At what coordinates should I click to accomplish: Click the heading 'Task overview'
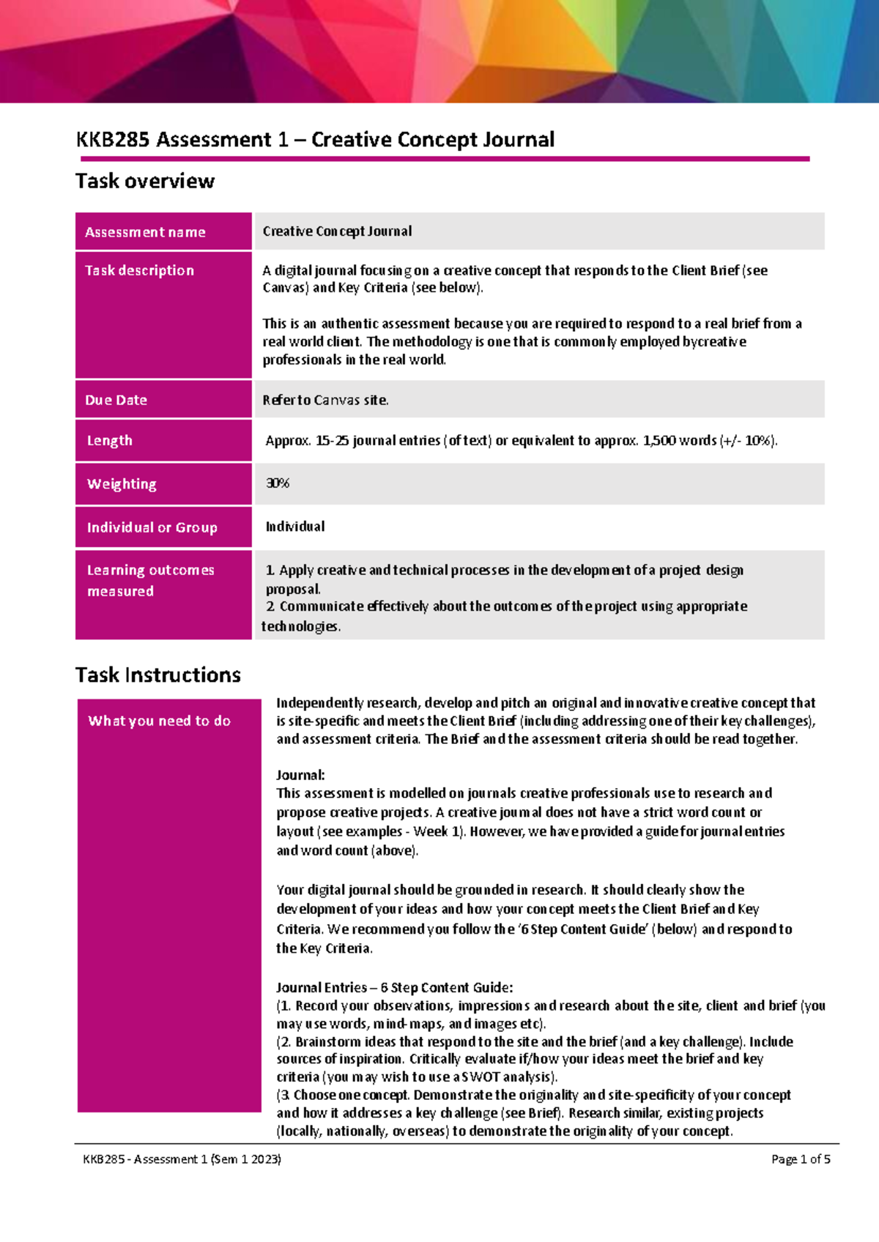(x=145, y=181)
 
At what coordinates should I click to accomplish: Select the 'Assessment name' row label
(x=145, y=232)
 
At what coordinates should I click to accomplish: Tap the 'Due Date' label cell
(x=116, y=400)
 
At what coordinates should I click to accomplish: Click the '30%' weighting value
(x=278, y=483)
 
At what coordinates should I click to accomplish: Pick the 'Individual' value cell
(x=295, y=527)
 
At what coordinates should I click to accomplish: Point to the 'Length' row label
(x=110, y=440)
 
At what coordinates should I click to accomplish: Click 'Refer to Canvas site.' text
(x=326, y=400)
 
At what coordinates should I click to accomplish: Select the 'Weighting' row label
(x=122, y=484)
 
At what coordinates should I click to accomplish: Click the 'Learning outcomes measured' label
(x=150, y=580)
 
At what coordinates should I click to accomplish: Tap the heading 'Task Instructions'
(x=158, y=674)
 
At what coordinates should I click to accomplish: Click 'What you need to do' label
(x=159, y=721)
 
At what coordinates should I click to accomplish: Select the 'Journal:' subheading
(x=300, y=775)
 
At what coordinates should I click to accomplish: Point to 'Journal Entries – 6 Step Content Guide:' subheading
(x=394, y=987)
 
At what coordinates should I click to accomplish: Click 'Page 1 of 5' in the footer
(x=801, y=1159)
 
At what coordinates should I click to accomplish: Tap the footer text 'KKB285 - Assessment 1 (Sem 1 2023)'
(x=182, y=1159)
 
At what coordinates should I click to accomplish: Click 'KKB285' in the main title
(x=113, y=140)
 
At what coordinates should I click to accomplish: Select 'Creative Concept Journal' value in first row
(x=337, y=231)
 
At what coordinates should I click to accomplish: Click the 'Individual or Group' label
(x=152, y=527)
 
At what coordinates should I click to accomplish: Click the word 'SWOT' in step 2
(x=481, y=1076)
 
